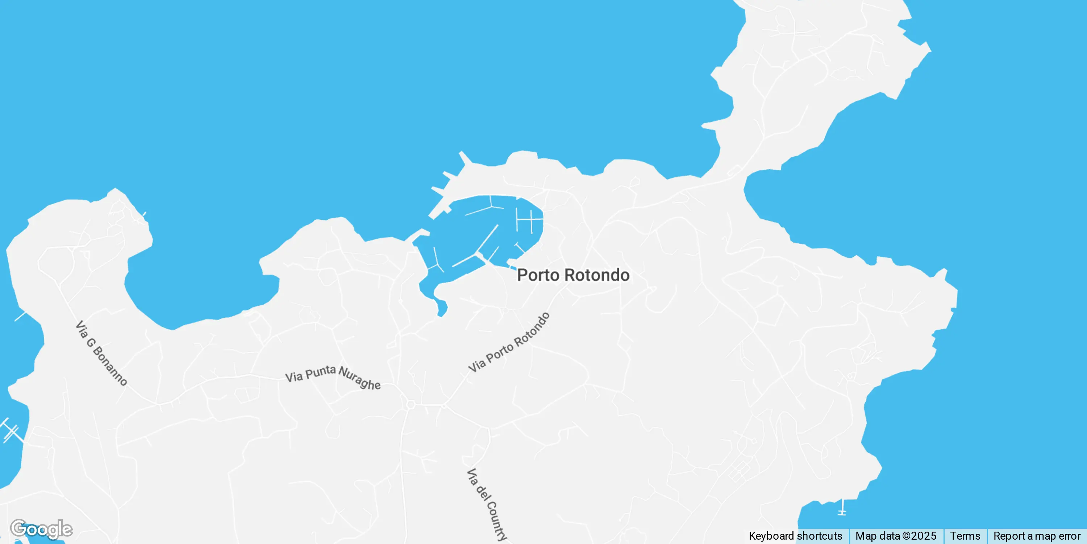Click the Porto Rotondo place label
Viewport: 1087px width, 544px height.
(573, 275)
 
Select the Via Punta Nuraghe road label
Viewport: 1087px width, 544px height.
(333, 377)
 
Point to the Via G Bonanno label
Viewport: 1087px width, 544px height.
(101, 353)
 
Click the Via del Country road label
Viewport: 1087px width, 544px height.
(487, 504)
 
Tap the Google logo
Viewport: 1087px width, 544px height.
(41, 529)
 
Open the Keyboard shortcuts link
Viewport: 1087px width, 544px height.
(795, 536)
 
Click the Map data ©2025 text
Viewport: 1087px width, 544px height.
(895, 536)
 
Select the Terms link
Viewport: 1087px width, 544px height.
(965, 536)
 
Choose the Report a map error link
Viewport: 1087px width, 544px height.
(1036, 536)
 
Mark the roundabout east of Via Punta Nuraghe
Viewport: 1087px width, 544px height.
(411, 405)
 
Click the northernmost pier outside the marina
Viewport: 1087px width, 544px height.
(466, 158)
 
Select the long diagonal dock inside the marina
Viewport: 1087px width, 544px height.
(487, 239)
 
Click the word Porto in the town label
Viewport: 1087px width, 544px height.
(538, 275)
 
